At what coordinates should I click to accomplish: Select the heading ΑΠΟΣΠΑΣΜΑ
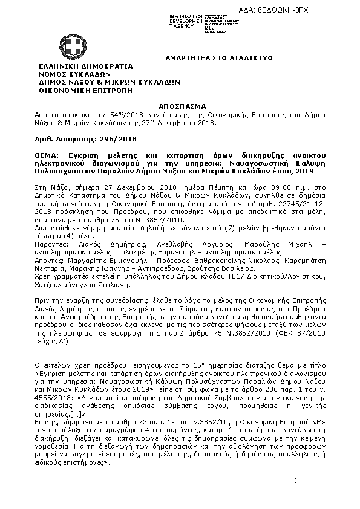(186, 104)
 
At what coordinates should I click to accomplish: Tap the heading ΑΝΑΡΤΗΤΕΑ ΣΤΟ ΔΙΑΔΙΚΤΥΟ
(220, 57)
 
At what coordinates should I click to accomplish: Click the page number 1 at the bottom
(297, 481)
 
